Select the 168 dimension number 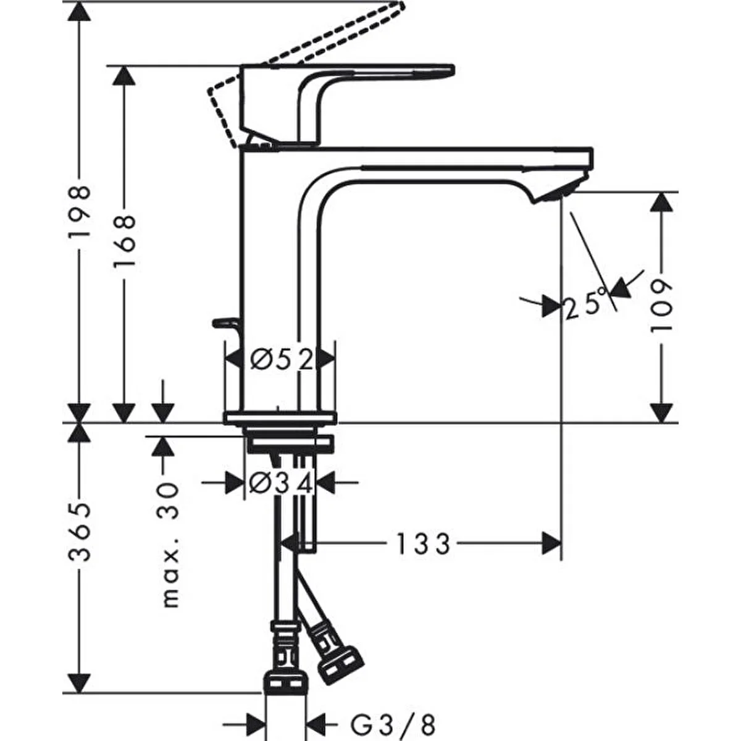(x=124, y=241)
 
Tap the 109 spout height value (x=661, y=305)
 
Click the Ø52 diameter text (x=282, y=359)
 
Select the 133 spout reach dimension (x=423, y=545)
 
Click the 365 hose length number (x=79, y=532)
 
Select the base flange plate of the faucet (x=281, y=418)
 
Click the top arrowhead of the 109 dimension (x=661, y=204)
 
